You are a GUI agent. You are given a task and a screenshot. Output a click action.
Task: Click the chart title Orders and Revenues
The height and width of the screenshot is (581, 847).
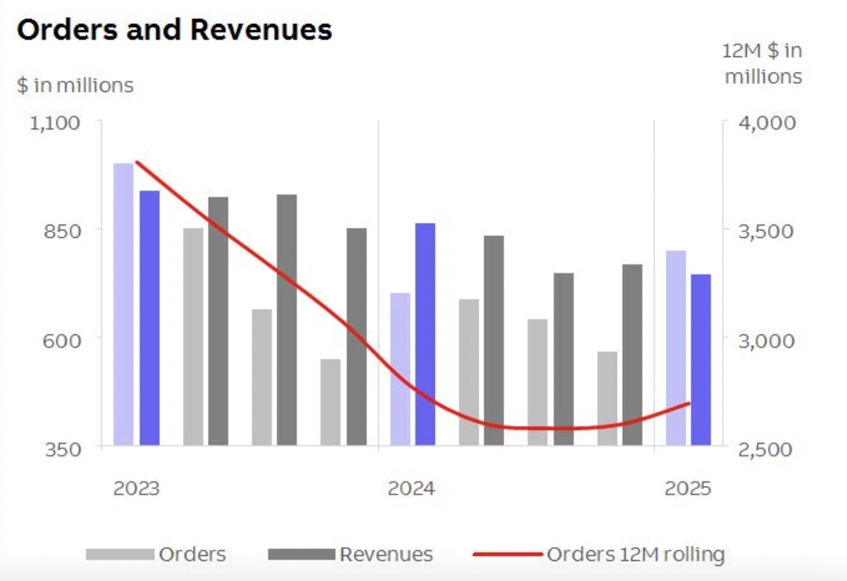click(x=174, y=30)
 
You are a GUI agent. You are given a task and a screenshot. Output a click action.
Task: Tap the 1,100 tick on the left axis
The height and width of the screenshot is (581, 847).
click(x=55, y=123)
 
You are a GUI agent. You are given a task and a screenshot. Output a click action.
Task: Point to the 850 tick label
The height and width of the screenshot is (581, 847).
click(x=62, y=231)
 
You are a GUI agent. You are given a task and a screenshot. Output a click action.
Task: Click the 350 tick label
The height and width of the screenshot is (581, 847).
click(x=63, y=449)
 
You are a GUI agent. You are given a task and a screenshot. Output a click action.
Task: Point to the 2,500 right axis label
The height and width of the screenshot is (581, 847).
click(x=765, y=449)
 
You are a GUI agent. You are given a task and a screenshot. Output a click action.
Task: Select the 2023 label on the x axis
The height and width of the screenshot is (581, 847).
click(x=137, y=488)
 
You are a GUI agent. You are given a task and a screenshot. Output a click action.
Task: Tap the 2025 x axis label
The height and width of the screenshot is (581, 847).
click(x=688, y=488)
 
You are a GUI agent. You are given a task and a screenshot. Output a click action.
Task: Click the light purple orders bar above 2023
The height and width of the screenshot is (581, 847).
click(x=124, y=304)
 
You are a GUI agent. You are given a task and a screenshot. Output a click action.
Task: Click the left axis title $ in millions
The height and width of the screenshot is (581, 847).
click(x=75, y=86)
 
